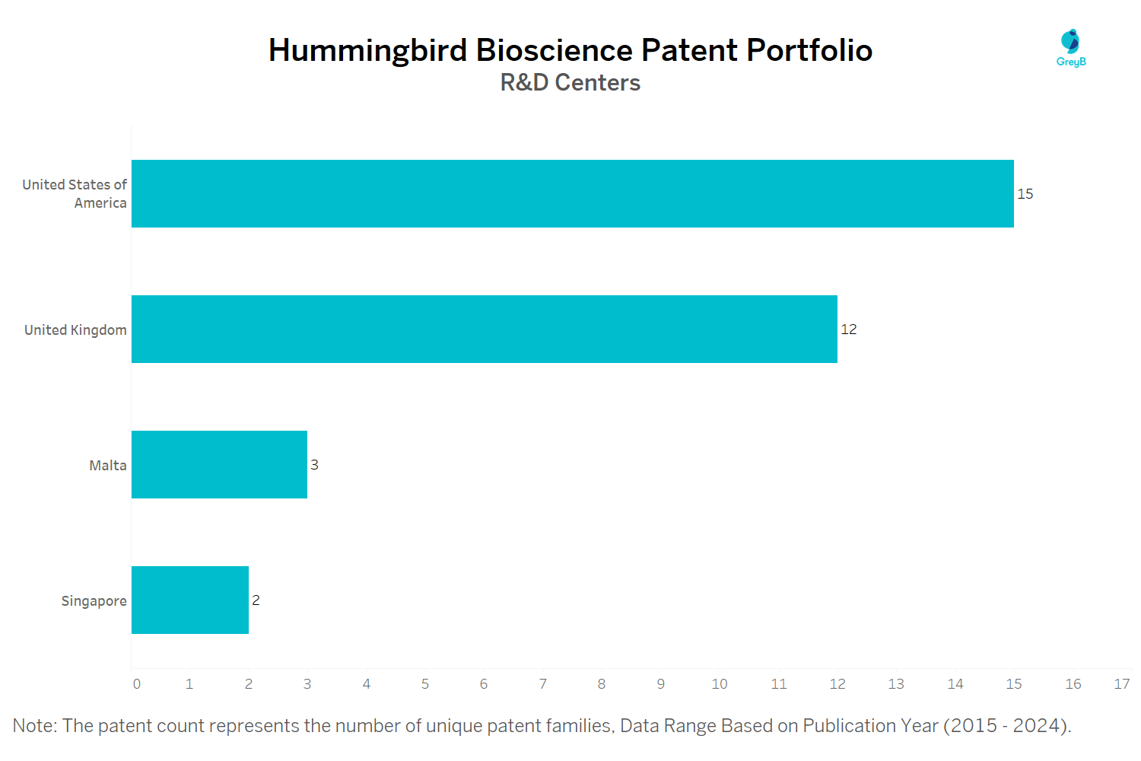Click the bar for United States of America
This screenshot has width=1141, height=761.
point(572,193)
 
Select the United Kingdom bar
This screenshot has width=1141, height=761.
point(484,329)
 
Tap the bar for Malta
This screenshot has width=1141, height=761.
point(219,464)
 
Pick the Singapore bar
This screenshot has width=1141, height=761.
point(190,600)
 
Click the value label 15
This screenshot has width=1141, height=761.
point(1025,194)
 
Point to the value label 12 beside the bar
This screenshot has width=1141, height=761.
point(849,330)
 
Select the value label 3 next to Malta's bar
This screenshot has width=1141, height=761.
point(314,465)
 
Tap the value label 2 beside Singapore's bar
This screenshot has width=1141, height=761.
point(256,600)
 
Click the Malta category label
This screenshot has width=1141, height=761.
point(108,466)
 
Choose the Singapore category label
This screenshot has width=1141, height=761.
point(94,601)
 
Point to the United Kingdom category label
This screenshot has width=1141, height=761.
point(75,330)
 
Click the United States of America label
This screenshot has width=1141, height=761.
point(75,194)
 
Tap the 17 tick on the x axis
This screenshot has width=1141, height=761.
point(1122,684)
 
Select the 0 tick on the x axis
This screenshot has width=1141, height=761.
point(137,684)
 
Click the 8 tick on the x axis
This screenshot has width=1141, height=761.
point(602,684)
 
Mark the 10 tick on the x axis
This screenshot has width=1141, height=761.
point(720,684)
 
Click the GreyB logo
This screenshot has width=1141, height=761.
point(1071,48)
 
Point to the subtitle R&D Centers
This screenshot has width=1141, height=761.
point(570,82)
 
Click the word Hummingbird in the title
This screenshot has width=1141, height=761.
point(367,50)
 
